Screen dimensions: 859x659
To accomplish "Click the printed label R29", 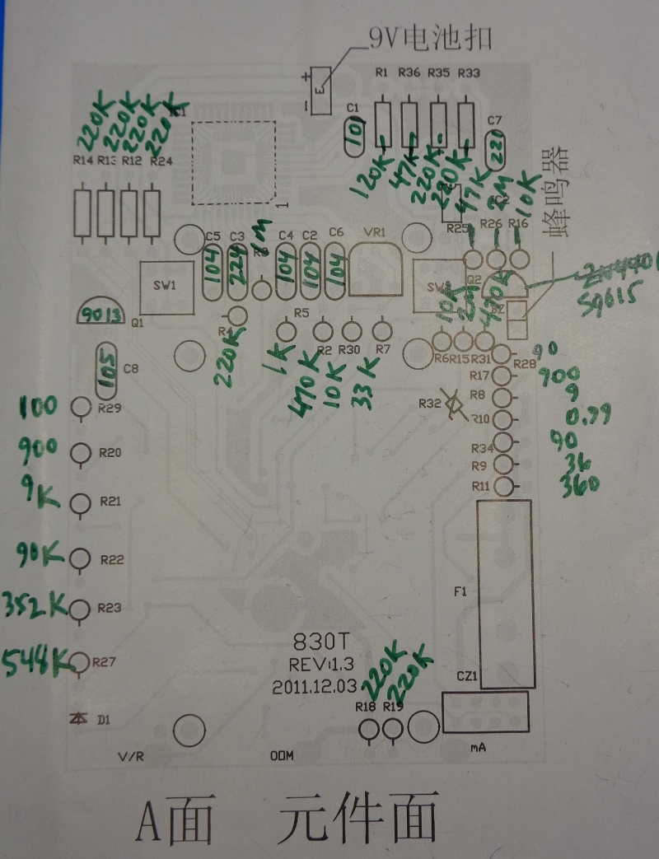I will pyautogui.click(x=109, y=408).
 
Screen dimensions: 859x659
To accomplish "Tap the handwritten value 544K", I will pyautogui.click(x=37, y=661).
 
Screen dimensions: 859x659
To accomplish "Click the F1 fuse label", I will pyautogui.click(x=460, y=591).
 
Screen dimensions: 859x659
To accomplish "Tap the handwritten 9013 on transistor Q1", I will pyautogui.click(x=100, y=314).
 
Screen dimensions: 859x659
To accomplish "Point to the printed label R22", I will pyautogui.click(x=111, y=559).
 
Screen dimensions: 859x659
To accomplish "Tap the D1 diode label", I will pyautogui.click(x=103, y=720).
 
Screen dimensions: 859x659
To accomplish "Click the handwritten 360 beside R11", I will pyautogui.click(x=578, y=486).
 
